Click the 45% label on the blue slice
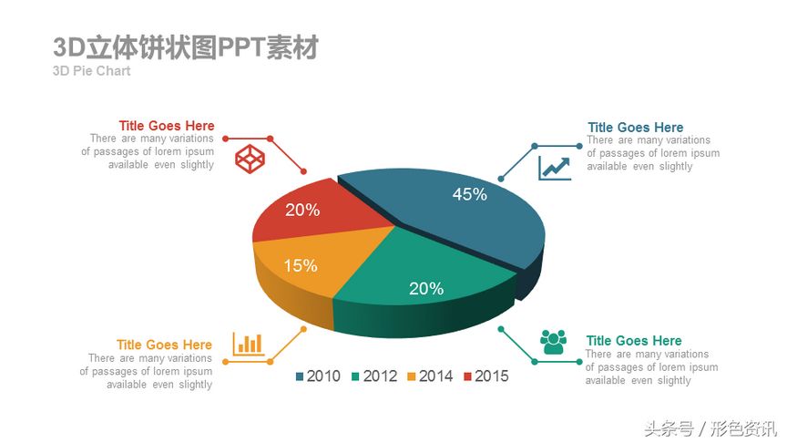point(470,194)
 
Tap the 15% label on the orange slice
point(301,265)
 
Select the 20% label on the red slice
point(302,210)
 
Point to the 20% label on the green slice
point(426,288)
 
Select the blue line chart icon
point(555,168)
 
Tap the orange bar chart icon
point(248,344)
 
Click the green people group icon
point(553,342)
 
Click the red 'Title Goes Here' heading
point(167,126)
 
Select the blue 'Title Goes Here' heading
point(635,128)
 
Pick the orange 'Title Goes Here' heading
point(164,345)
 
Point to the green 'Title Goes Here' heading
point(633,341)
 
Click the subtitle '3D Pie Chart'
point(92,71)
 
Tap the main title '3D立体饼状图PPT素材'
point(186,47)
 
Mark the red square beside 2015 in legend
point(468,376)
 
